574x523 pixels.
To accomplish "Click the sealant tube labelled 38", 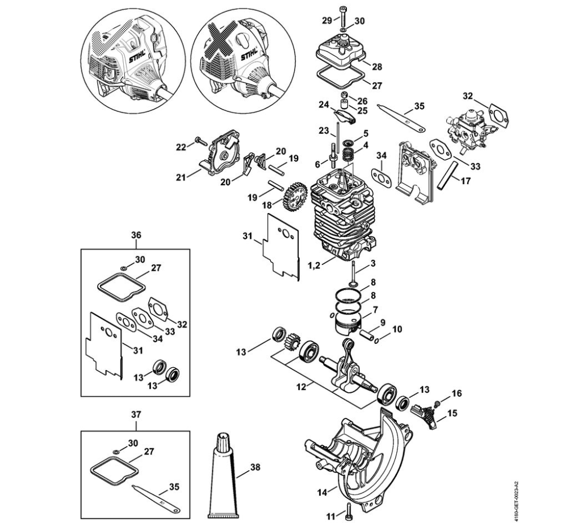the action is pos(222,476).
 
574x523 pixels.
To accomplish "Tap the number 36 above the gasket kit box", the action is pos(136,235).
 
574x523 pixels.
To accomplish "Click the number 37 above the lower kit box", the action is pos(136,414).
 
